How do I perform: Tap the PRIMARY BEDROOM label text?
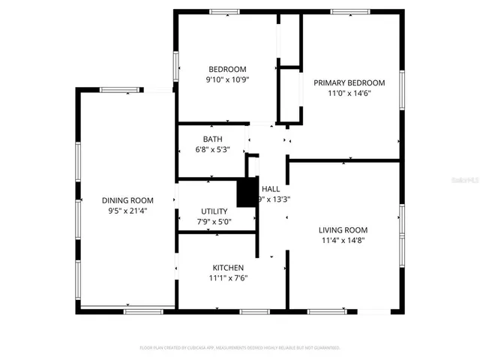349,82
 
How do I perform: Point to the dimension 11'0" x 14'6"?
349,94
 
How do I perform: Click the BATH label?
212,139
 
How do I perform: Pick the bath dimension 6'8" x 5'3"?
212,150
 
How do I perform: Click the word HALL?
271,189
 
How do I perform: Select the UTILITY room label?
214,211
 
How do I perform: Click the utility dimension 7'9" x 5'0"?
214,222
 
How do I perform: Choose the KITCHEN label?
228,267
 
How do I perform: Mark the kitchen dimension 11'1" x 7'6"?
228,278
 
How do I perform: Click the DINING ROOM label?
127,200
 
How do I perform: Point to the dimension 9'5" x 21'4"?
127,211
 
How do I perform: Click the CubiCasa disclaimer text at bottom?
240,348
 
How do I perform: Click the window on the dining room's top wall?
119,90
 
